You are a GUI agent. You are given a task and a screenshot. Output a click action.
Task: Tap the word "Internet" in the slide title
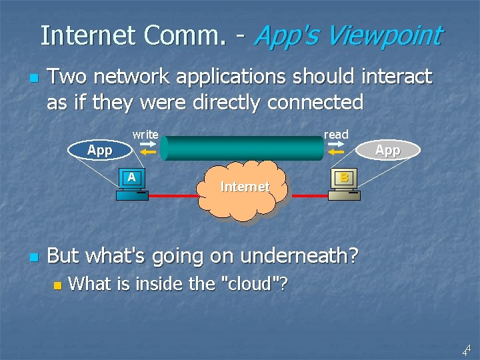[86, 35]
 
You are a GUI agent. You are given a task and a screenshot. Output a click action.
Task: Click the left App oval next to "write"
[99, 150]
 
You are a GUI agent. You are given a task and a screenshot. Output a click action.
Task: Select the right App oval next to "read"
[387, 150]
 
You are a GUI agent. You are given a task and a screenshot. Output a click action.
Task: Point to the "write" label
[145, 135]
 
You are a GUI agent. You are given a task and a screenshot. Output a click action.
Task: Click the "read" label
[336, 135]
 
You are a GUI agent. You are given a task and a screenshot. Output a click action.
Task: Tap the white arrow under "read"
[336, 143]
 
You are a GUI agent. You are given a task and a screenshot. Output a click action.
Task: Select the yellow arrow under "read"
[337, 152]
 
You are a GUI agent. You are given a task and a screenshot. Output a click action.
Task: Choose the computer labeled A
[132, 186]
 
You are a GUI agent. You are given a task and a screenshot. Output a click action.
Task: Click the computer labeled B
[344, 185]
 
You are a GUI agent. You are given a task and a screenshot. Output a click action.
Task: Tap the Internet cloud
[245, 189]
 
